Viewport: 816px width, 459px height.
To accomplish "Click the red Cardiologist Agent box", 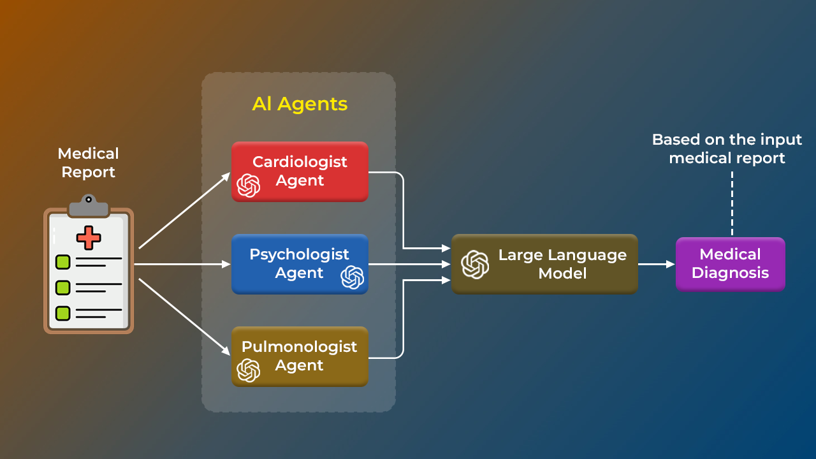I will click(x=300, y=171).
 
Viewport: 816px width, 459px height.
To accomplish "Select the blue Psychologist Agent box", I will click(x=300, y=264).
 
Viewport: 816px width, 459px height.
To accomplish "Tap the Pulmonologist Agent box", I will click(x=300, y=356).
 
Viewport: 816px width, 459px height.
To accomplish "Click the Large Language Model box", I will click(x=544, y=264).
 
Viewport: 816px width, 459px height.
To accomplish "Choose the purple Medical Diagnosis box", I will click(x=730, y=264).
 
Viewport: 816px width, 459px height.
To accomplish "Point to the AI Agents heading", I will click(x=300, y=104).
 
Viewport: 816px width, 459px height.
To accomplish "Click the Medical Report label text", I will click(x=88, y=163).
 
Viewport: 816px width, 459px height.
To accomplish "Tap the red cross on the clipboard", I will click(x=89, y=237).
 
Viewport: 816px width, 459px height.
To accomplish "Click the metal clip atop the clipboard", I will click(x=88, y=205).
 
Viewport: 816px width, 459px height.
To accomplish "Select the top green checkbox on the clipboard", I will click(x=62, y=261).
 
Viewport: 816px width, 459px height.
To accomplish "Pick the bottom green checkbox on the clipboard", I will click(x=62, y=313).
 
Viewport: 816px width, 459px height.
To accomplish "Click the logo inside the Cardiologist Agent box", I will click(x=249, y=186).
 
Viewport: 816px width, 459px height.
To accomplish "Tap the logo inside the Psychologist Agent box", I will click(x=352, y=277).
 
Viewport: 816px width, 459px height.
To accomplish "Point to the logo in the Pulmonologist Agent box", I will click(x=249, y=370).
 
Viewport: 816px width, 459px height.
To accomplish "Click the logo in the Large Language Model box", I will click(x=475, y=265).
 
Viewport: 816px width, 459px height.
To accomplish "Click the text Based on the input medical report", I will click(x=727, y=149).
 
